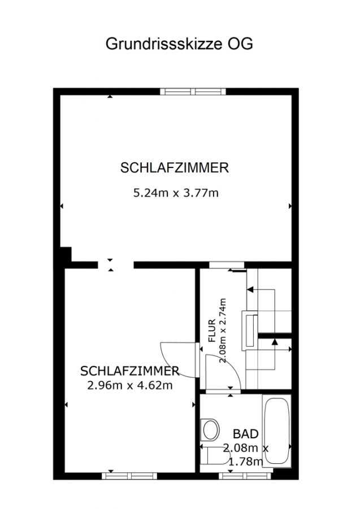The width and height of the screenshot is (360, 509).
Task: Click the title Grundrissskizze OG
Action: pyautogui.click(x=179, y=44)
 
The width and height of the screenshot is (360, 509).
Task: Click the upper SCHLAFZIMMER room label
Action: pyautogui.click(x=175, y=168)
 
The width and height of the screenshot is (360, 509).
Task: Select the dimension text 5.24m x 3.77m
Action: pyautogui.click(x=176, y=193)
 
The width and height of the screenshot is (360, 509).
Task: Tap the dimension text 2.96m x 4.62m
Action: pyautogui.click(x=130, y=385)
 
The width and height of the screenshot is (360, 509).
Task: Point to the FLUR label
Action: pyautogui.click(x=212, y=331)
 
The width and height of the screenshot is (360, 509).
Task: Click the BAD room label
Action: pyautogui.click(x=246, y=434)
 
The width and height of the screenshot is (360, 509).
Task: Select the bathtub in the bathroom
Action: pyautogui.click(x=277, y=430)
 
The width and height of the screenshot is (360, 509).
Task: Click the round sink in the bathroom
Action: pyautogui.click(x=210, y=429)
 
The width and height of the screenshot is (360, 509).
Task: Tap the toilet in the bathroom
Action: pyautogui.click(x=215, y=455)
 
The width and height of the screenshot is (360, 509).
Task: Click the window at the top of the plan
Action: pyautogui.click(x=193, y=92)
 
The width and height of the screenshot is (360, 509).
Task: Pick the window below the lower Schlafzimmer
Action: pyautogui.click(x=129, y=476)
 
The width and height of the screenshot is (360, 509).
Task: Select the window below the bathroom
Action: pyautogui.click(x=245, y=476)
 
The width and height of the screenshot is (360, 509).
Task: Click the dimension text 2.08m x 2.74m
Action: pyautogui.click(x=223, y=331)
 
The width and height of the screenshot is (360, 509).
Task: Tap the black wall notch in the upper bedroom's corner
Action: pyautogui.click(x=66, y=254)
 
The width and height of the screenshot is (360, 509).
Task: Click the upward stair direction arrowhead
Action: pyautogui.click(x=275, y=342)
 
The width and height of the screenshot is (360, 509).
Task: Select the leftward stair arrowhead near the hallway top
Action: pyautogui.click(x=250, y=289)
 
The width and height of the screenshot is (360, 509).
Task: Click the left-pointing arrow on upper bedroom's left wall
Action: pyautogui.click(x=62, y=206)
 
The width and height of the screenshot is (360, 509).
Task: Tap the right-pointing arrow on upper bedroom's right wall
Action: pyautogui.click(x=290, y=206)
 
